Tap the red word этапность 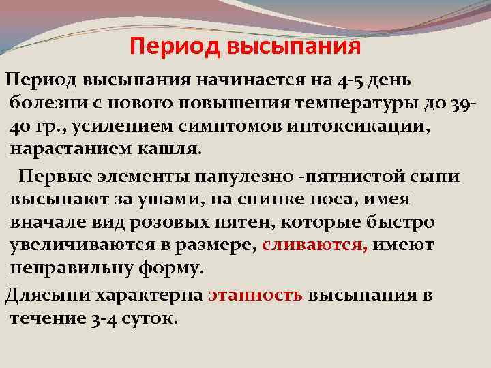255,295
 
